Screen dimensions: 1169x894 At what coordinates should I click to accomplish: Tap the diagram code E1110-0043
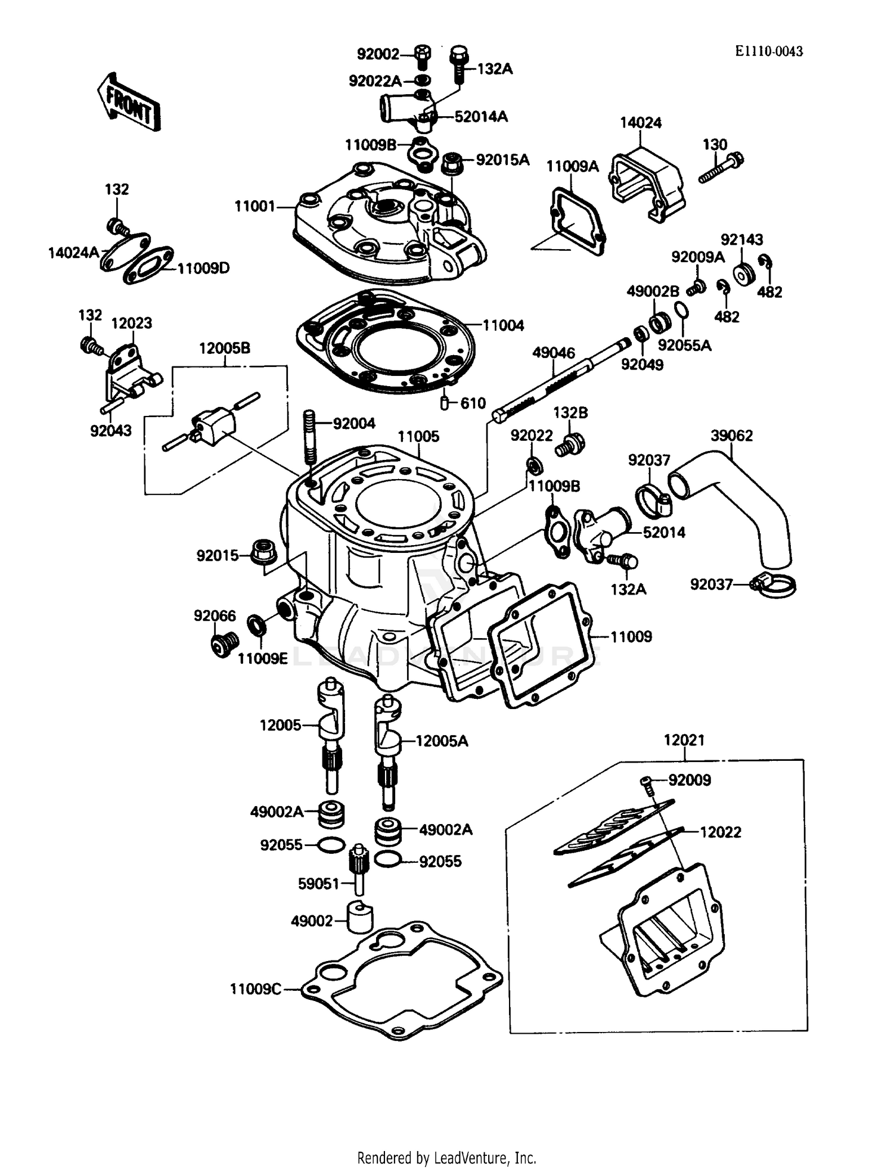(768, 52)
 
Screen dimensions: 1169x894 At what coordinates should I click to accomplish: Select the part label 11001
(255, 207)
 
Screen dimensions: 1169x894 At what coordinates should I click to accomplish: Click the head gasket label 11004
(503, 325)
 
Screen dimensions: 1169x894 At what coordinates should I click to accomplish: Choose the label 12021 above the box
(684, 740)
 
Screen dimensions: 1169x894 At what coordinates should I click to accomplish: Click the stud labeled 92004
(309, 437)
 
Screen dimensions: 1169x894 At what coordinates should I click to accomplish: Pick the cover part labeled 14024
(646, 184)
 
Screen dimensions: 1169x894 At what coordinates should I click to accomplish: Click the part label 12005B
(224, 349)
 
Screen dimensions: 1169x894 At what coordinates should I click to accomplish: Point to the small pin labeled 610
(445, 403)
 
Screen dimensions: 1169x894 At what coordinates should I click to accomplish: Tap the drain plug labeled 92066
(225, 643)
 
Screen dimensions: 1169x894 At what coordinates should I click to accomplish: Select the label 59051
(318, 884)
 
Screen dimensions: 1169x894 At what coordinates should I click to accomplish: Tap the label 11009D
(203, 268)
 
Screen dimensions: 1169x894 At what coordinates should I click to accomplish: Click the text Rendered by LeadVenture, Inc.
(446, 1158)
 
